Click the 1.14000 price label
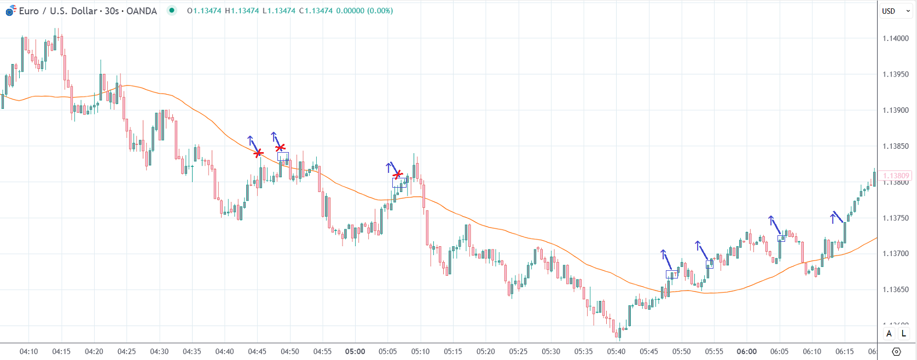coord(895,38)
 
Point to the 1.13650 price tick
coord(895,289)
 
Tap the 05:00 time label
coord(355,351)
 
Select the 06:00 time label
coord(747,351)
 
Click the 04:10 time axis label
coord(28,351)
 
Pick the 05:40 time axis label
coord(616,351)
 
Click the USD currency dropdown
coord(896,11)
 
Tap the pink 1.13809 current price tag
coord(896,176)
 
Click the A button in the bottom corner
coord(889,333)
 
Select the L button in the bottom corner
coord(904,333)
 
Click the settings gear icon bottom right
coord(896,351)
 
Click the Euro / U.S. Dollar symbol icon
coord(10,10)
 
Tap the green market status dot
coord(172,10)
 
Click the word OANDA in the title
coord(141,11)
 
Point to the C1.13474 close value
coord(316,11)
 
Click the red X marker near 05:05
coord(398,175)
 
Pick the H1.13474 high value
coord(241,11)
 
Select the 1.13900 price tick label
coord(895,110)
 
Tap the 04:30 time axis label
coord(159,351)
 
